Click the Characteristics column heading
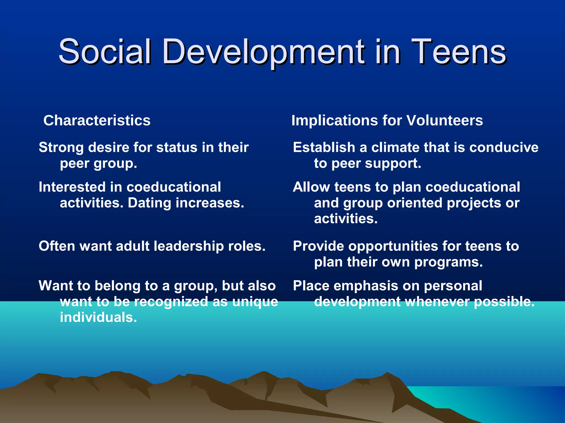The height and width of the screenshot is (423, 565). (x=97, y=121)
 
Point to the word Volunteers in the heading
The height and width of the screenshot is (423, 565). (x=444, y=121)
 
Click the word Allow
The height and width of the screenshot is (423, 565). (x=311, y=187)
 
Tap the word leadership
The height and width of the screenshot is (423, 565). (x=188, y=246)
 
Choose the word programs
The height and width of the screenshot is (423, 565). (x=448, y=262)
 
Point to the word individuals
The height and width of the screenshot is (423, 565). (x=98, y=317)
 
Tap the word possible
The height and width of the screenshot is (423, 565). (x=504, y=302)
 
